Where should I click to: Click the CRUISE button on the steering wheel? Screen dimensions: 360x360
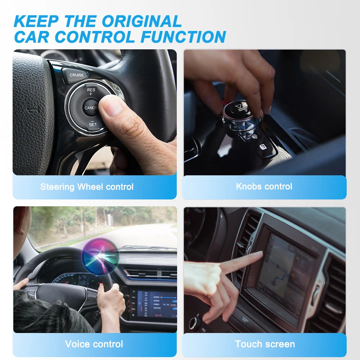(76, 75)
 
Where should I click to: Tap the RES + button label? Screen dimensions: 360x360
(91, 91)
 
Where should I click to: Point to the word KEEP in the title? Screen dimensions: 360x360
(35, 21)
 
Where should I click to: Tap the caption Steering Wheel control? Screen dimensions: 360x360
(87, 187)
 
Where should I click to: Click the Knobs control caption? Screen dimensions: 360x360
(264, 186)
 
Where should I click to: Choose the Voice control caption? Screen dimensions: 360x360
(94, 344)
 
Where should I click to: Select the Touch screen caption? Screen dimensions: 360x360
(265, 344)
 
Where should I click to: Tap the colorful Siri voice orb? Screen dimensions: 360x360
(100, 256)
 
